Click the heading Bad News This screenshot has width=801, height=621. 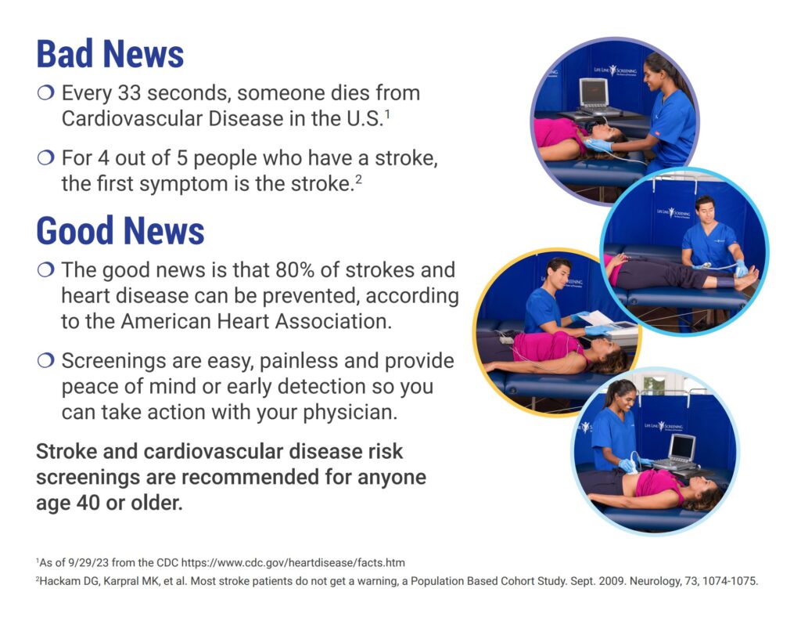coord(110,54)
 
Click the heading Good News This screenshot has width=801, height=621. coord(120,231)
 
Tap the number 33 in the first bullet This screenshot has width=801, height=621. coord(129,93)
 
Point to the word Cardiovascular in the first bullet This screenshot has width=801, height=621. coord(132,119)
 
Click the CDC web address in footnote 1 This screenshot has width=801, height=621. coord(293,563)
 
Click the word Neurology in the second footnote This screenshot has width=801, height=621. coord(655,581)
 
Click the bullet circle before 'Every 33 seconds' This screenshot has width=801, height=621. coord(45,93)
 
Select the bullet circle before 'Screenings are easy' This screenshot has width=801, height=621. coord(45,361)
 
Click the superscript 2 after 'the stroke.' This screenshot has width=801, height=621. coord(358,179)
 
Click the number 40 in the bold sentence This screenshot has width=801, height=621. coord(88,503)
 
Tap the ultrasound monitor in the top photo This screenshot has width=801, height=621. coord(593,94)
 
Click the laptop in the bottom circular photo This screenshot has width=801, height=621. coord(677,453)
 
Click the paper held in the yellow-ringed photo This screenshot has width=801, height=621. coord(597,318)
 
